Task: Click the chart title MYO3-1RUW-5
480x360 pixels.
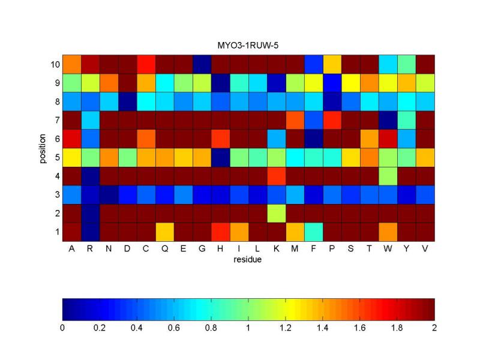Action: click(248, 46)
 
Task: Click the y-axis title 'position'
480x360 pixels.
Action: click(43, 148)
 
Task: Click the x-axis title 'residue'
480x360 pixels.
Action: click(248, 260)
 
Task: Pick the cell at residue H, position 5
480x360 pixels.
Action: click(221, 157)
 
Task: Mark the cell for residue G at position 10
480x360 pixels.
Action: click(202, 64)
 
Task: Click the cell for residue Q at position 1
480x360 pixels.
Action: click(165, 232)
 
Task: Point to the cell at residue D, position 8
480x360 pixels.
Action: click(128, 101)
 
